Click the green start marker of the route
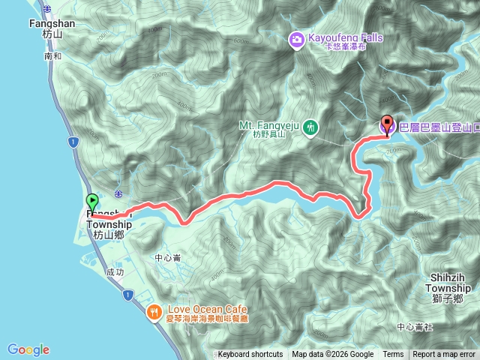tap(92, 202)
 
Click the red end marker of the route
tap(387, 124)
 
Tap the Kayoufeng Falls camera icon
tap(296, 38)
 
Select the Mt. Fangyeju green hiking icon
tap(310, 129)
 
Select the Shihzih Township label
tap(450, 283)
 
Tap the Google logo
tap(28, 349)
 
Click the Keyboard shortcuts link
tap(250, 355)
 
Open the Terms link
tap(393, 355)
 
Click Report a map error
tap(444, 355)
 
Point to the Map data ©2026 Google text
tap(332, 355)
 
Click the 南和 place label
tap(53, 56)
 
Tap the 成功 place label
tap(115, 273)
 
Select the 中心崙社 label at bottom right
tap(415, 327)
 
